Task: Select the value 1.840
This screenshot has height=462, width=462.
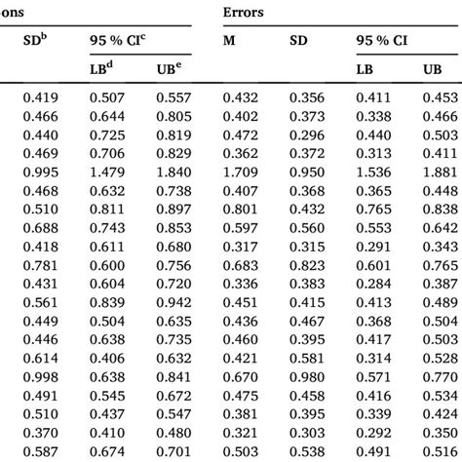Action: (174, 171)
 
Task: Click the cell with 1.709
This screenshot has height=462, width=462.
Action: (242, 171)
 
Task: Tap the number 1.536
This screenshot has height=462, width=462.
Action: (374, 171)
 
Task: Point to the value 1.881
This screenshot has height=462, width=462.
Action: (441, 171)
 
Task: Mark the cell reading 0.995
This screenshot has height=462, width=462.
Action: (40, 171)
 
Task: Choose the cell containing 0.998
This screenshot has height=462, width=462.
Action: (40, 376)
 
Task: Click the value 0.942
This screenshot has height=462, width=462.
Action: (174, 301)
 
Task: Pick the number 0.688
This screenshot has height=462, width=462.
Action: (40, 227)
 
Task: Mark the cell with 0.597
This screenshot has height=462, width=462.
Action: (242, 227)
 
